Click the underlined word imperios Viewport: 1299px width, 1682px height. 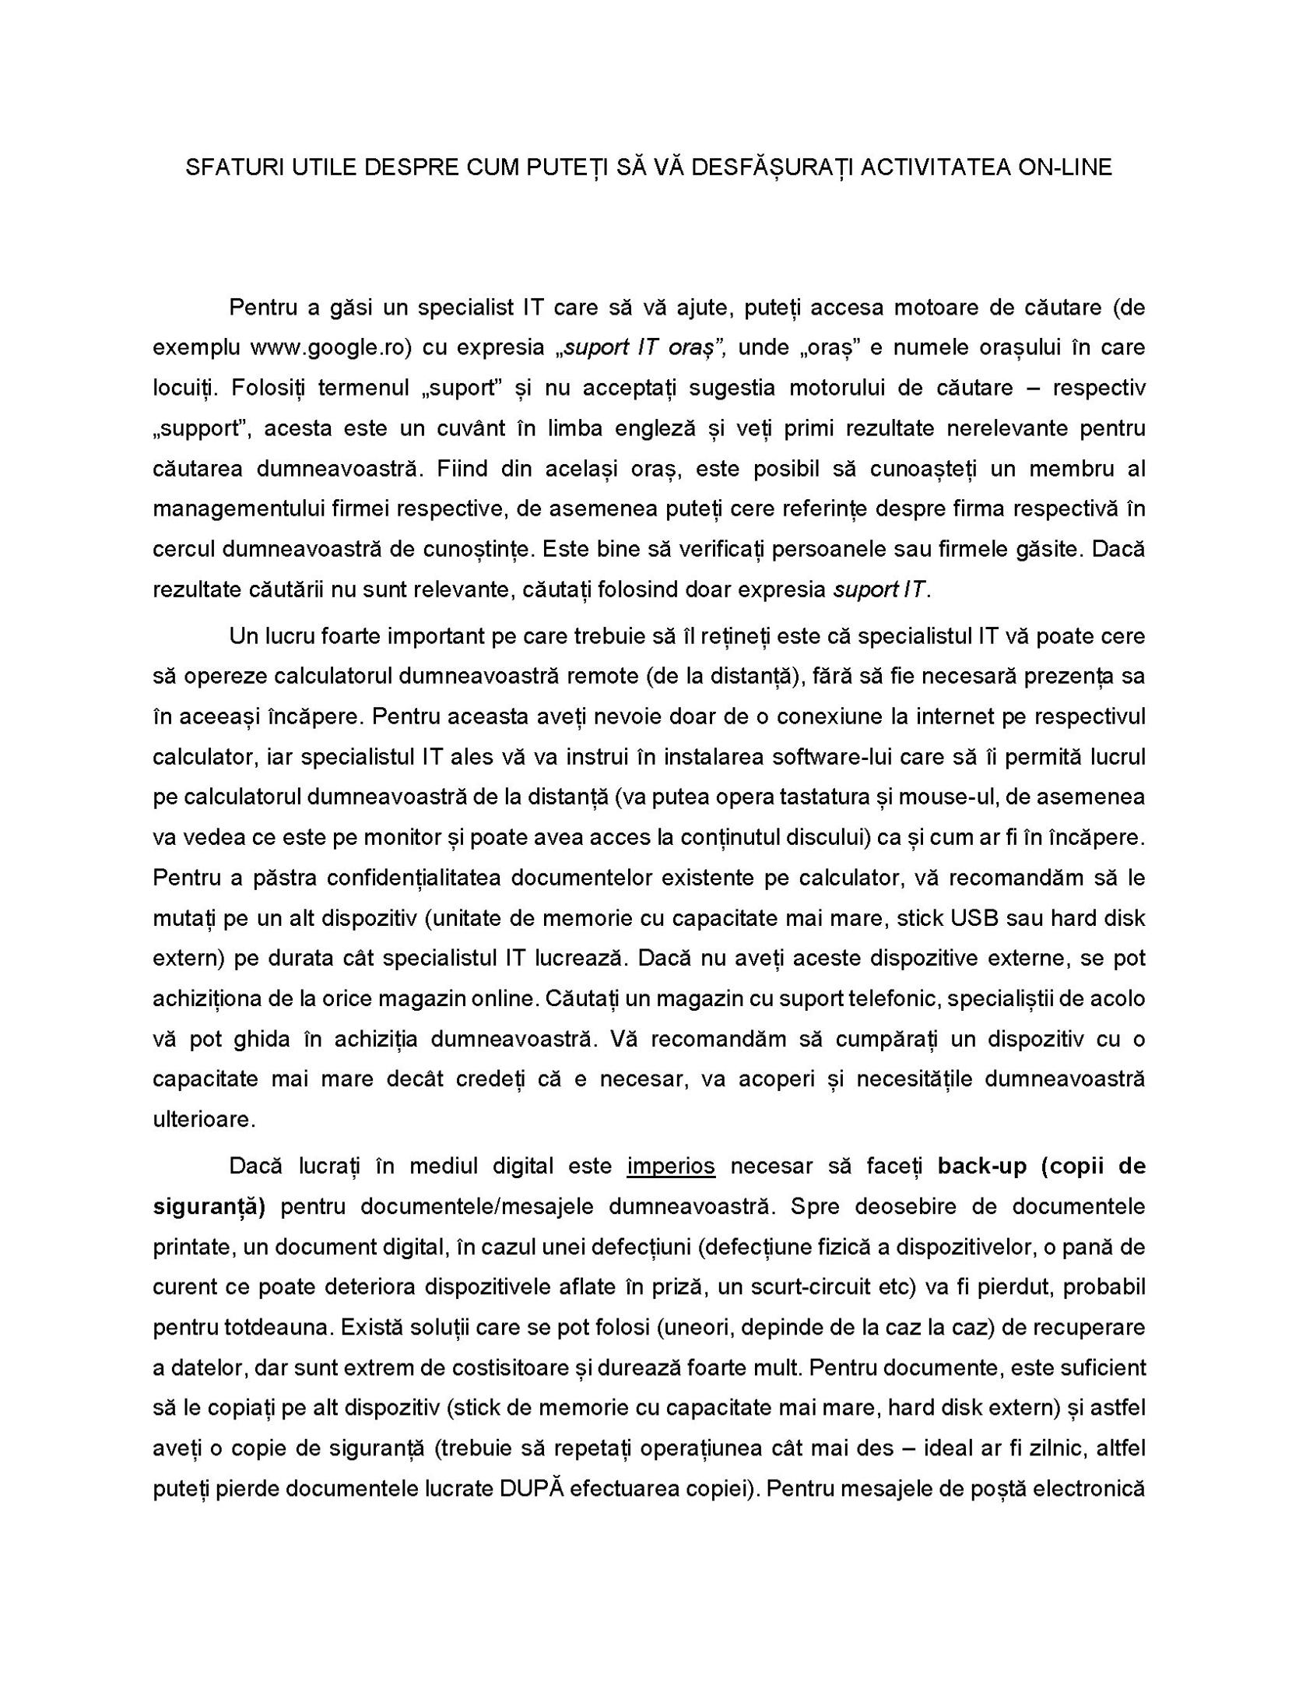point(671,1166)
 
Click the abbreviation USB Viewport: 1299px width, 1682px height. point(976,918)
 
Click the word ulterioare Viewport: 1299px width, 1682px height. point(204,1120)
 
